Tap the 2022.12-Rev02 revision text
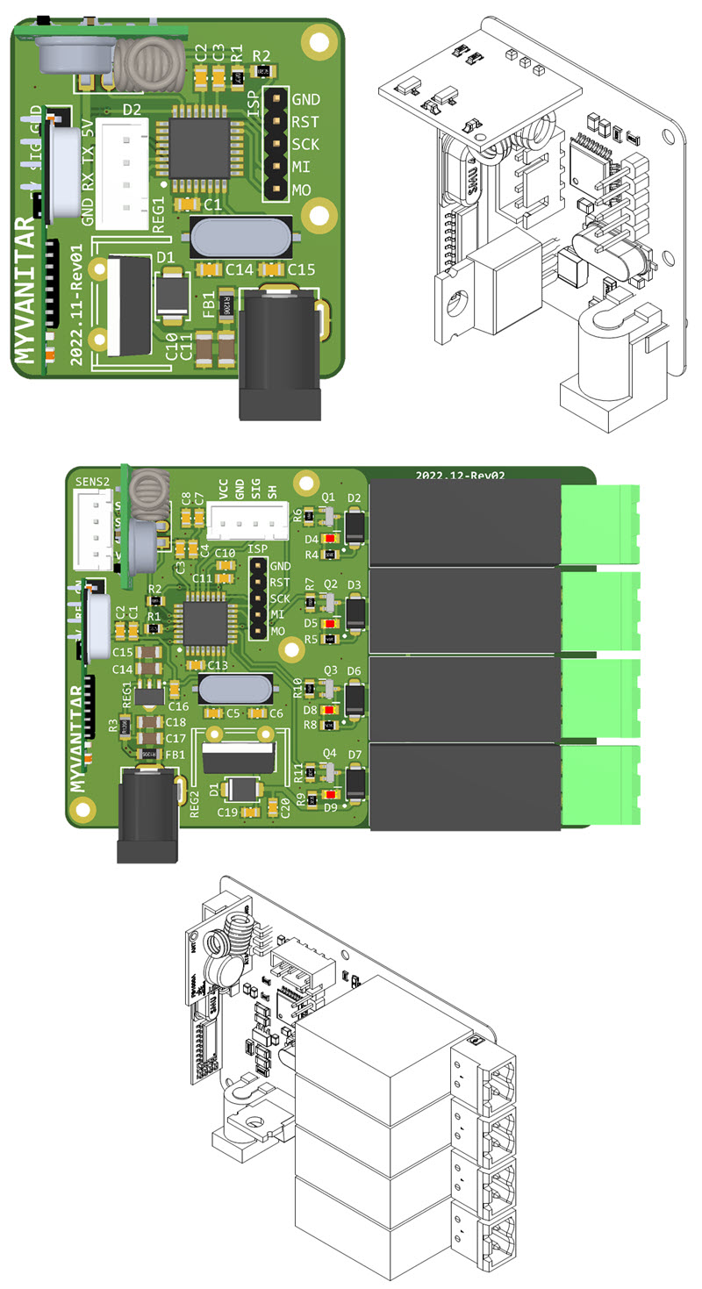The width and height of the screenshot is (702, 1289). pos(461,475)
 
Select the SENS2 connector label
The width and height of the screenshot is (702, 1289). pos(93,482)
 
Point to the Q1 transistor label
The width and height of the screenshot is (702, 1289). pos(329,498)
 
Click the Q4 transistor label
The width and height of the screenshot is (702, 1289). pos(329,753)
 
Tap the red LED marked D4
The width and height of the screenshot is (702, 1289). pos(329,538)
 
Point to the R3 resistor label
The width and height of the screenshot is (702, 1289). pos(112,725)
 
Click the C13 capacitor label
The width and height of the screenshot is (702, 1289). pos(218,666)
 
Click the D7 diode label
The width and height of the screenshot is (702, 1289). pos(355,754)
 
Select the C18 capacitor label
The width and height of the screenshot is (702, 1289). pos(176,722)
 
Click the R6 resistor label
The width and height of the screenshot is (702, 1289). pos(297,515)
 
